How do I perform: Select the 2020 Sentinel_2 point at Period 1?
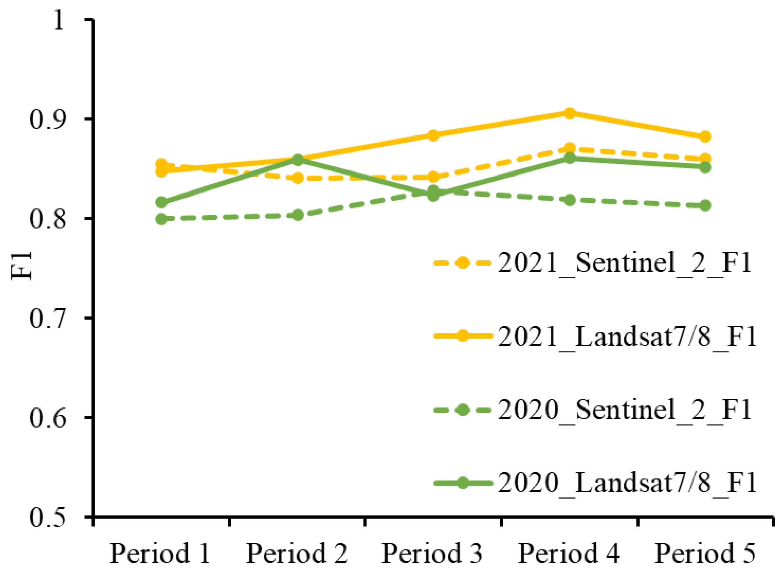pos(162,219)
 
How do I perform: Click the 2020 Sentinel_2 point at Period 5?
pos(705,206)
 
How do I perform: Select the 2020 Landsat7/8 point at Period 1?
pos(162,202)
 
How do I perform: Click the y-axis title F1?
pos(21,265)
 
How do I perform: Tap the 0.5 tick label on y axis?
pos(48,518)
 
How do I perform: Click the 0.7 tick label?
pos(48,319)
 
